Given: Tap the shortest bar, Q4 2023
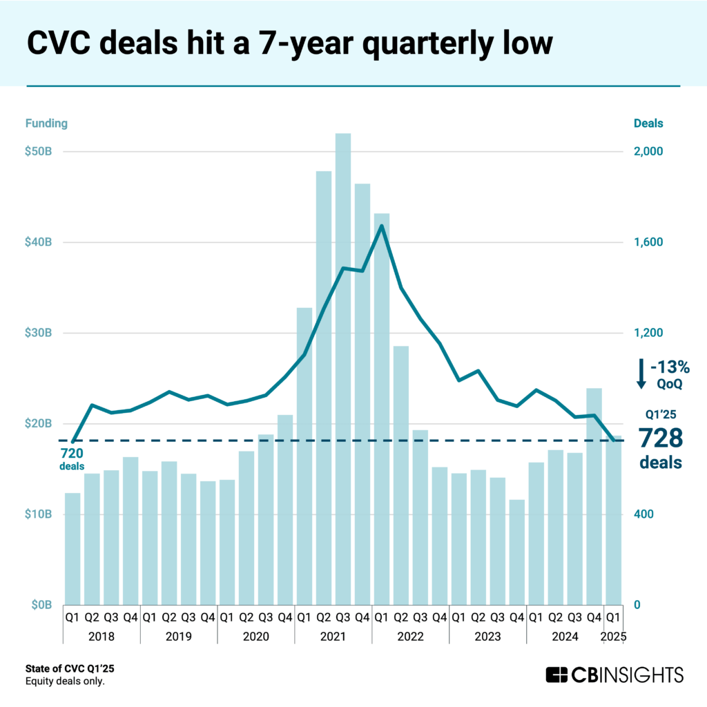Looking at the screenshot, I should pyautogui.click(x=516, y=552).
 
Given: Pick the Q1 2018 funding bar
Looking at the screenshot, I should pyautogui.click(x=72, y=548).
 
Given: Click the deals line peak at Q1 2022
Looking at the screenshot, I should pyautogui.click(x=382, y=226).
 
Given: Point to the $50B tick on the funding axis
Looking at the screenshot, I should pyautogui.click(x=39, y=152).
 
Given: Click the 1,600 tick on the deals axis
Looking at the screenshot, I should pyautogui.click(x=648, y=242).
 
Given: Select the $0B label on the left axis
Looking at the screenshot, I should pyautogui.click(x=41, y=605).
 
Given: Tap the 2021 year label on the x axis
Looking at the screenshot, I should pyautogui.click(x=333, y=635).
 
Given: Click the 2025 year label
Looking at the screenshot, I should pyautogui.click(x=613, y=635).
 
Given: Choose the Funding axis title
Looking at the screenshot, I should pyautogui.click(x=47, y=124).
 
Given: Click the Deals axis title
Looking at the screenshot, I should pyautogui.click(x=648, y=124).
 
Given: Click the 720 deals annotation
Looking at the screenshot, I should pyautogui.click(x=71, y=459).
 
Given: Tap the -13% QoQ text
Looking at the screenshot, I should pyautogui.click(x=668, y=374).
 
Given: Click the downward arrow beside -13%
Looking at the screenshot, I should pyautogui.click(x=641, y=374).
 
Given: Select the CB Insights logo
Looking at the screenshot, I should pyautogui.click(x=614, y=674).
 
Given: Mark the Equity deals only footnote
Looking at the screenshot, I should pyautogui.click(x=65, y=682).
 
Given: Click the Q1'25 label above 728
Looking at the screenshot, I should pyautogui.click(x=659, y=415).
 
